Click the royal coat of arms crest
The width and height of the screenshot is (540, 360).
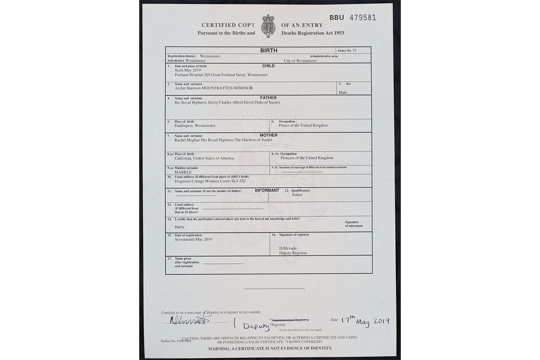tap(268, 26)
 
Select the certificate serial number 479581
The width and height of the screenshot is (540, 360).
tap(362, 18)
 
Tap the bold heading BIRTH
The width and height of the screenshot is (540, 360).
tap(269, 50)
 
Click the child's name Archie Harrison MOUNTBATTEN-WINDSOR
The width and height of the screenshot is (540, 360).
tap(214, 88)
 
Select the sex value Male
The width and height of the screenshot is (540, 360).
tap(342, 93)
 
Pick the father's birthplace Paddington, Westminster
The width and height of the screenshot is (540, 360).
tap(195, 126)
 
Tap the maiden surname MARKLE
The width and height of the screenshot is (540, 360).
tap(183, 172)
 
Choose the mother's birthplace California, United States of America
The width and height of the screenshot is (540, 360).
tap(204, 158)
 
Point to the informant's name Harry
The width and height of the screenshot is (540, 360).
tap(179, 227)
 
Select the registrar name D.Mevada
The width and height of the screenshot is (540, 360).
tap(288, 248)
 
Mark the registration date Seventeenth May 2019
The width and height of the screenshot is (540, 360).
tap(193, 239)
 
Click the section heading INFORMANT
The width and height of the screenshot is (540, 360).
tap(266, 191)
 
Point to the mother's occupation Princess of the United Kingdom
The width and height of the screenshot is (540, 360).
tap(307, 158)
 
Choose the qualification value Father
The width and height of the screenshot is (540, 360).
tap(297, 194)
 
